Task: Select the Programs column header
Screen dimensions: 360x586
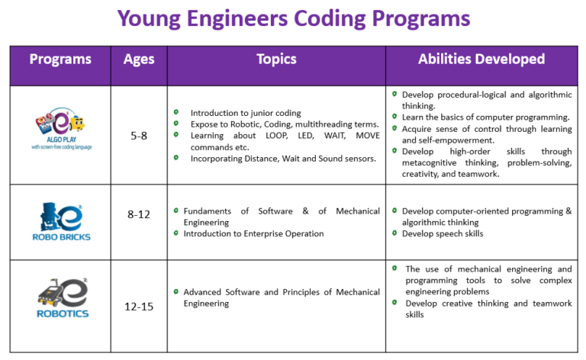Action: (60, 59)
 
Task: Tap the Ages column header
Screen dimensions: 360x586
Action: (139, 59)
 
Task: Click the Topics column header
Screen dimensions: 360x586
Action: (276, 59)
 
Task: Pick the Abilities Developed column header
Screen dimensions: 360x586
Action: (481, 59)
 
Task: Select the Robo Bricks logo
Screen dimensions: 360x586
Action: (62, 221)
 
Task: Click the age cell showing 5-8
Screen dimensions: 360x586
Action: (139, 135)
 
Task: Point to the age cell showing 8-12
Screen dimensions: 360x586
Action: (139, 214)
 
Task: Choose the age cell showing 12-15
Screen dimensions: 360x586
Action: (139, 306)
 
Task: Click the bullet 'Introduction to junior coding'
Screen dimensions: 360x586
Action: (245, 113)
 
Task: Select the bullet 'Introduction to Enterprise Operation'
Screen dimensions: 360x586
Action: (253, 233)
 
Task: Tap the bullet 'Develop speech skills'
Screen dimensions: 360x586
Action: (443, 233)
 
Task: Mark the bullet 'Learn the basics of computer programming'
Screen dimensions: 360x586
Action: (485, 117)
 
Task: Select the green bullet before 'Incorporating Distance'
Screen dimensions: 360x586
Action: (176, 157)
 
